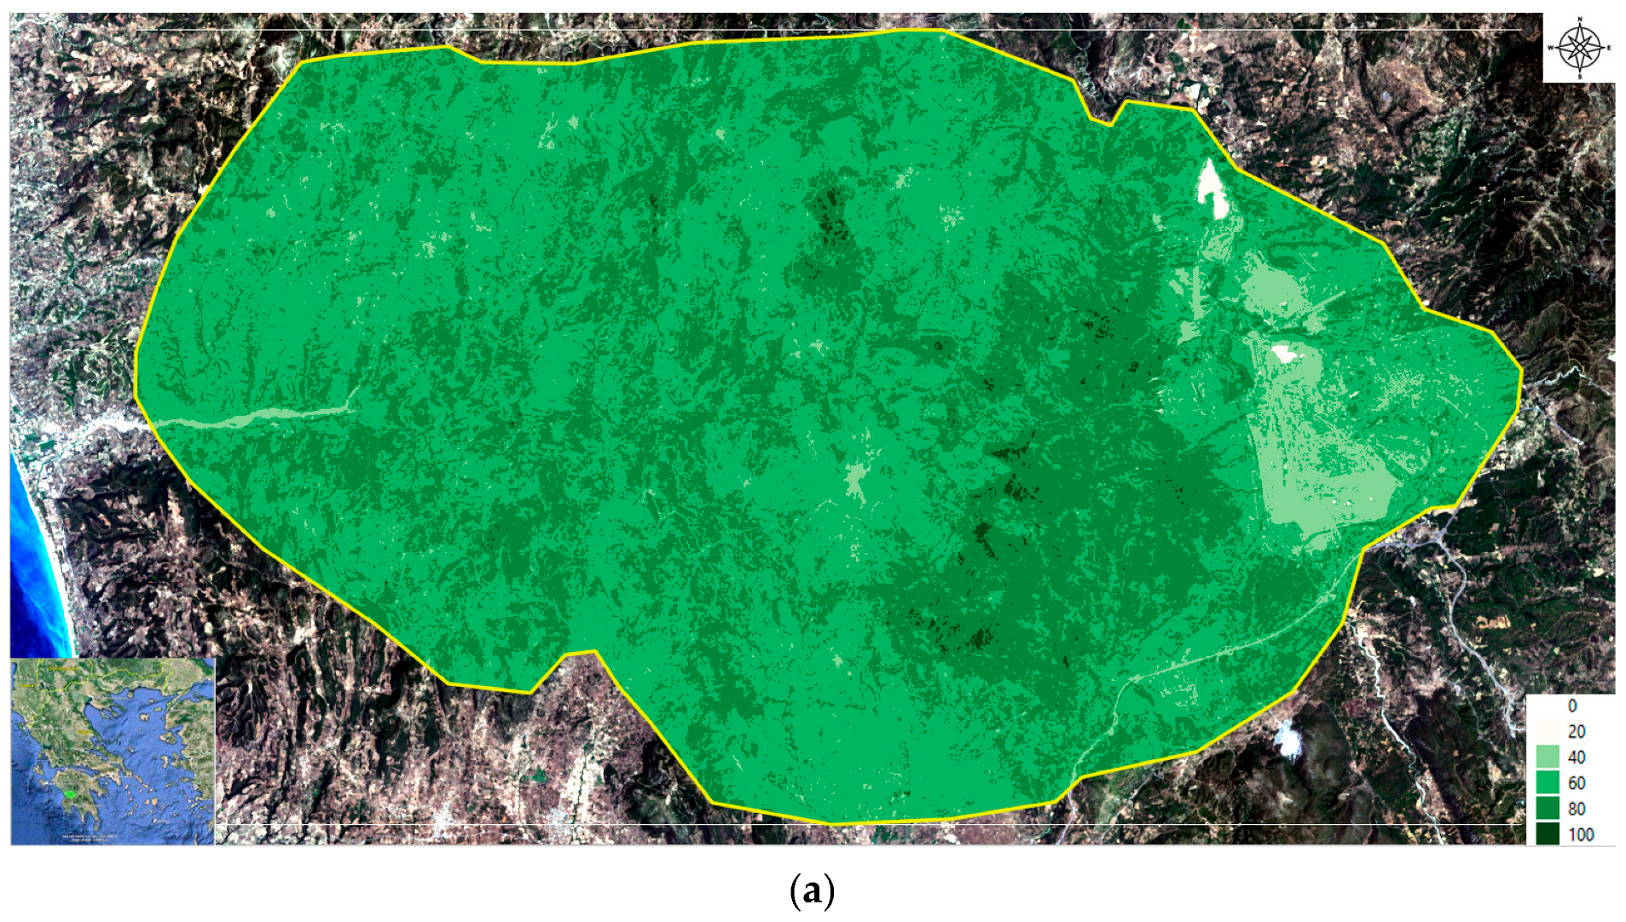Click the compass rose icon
click(x=1580, y=48)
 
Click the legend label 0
click(x=1572, y=706)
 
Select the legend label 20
click(x=1576, y=731)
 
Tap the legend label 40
click(x=1576, y=757)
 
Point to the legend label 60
click(x=1576, y=783)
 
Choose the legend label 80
click(x=1576, y=809)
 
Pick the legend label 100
click(x=1580, y=834)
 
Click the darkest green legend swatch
click(x=1547, y=833)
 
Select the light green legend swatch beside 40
click(x=1547, y=757)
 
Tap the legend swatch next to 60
click(x=1547, y=782)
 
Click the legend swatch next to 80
click(x=1547, y=808)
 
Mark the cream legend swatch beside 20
click(x=1547, y=731)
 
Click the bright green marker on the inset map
click(x=71, y=793)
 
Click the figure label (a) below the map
click(x=812, y=890)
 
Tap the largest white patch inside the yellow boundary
click(x=1212, y=188)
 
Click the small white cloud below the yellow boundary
click(x=1287, y=738)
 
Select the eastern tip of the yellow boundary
click(x=1520, y=372)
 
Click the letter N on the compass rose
click(x=1580, y=19)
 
